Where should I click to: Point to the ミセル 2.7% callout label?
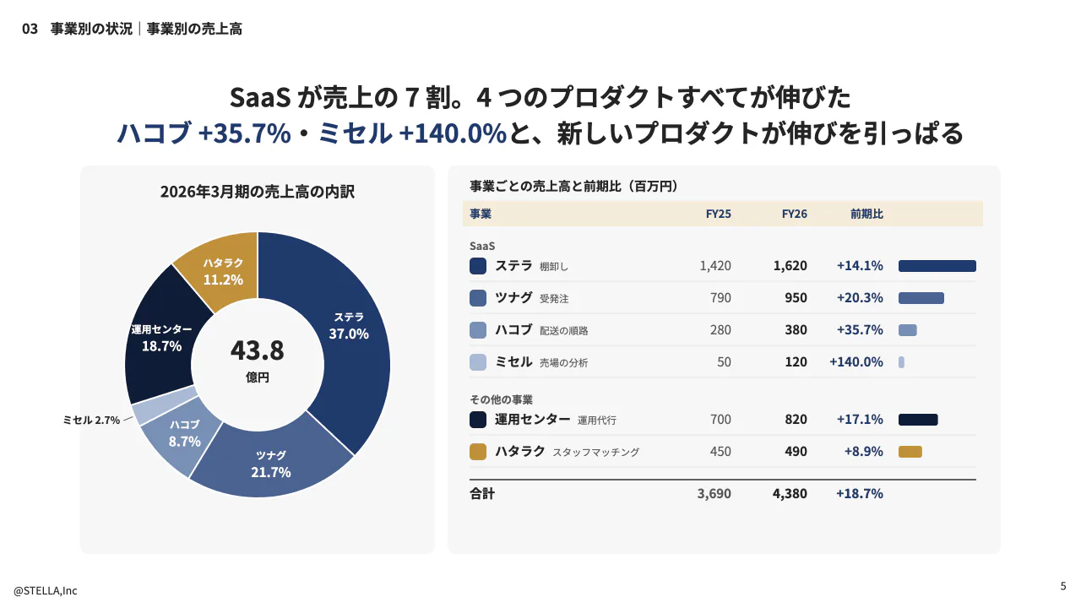[x=91, y=421]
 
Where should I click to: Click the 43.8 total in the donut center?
[x=258, y=350]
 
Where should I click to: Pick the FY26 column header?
[x=795, y=214]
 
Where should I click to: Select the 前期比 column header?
[x=866, y=214]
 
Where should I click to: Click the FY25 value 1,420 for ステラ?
[x=715, y=266]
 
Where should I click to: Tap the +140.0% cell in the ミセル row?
[x=856, y=362]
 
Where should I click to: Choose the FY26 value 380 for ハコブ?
[x=796, y=330]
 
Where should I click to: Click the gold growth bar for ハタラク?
[x=910, y=452]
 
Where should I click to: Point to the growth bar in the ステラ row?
[x=937, y=266]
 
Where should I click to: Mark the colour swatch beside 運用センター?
[x=478, y=420]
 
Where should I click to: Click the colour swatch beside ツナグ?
[x=478, y=298]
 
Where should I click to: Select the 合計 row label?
[x=482, y=494]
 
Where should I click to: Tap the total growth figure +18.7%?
[x=860, y=494]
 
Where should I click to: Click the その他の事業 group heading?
[x=501, y=399]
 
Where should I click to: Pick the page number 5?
[x=1063, y=586]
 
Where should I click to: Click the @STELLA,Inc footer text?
[x=46, y=590]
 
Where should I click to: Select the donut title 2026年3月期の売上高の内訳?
[x=258, y=192]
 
